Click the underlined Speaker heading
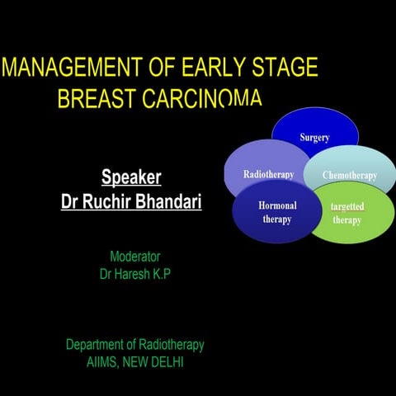130,177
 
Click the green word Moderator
134,257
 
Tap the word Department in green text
97,345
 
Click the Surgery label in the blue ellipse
314,138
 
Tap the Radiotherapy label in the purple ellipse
268,174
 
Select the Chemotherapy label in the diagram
349,176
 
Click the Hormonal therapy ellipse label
277,212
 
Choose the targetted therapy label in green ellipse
347,214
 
